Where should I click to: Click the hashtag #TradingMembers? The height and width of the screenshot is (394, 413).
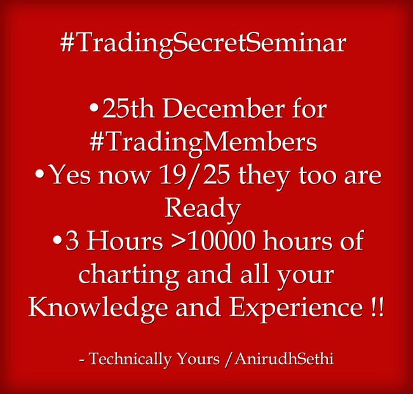tap(203, 142)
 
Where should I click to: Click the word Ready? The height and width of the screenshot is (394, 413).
tap(203, 208)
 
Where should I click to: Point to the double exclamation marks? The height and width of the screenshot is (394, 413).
tap(375, 308)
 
